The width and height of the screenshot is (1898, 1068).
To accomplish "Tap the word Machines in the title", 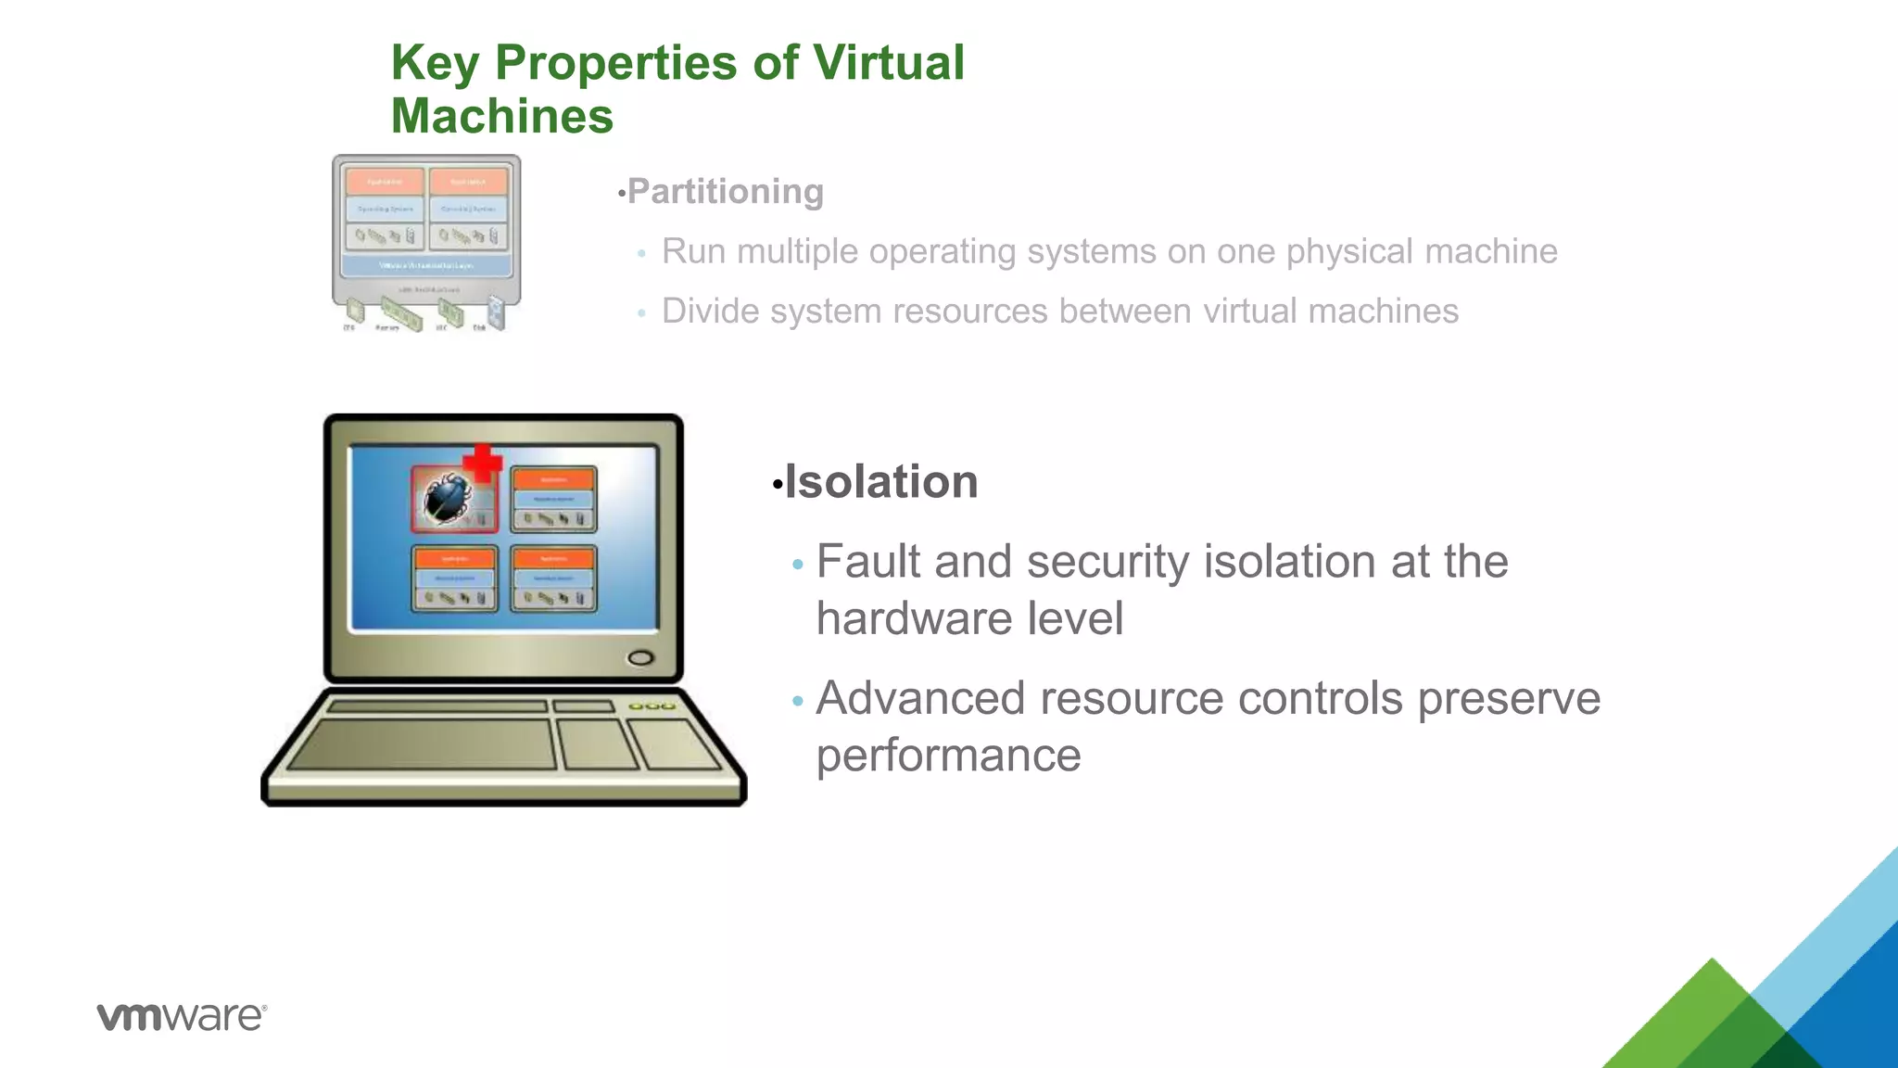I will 501,117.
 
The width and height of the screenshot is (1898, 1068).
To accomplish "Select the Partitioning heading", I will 725,192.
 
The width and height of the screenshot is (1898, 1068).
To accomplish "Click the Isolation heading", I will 880,482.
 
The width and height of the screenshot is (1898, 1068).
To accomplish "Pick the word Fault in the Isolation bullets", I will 867,562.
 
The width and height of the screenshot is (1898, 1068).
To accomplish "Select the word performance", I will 948,755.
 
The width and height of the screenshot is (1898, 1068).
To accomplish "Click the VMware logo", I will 182,1016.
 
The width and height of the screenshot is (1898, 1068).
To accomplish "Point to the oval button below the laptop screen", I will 640,658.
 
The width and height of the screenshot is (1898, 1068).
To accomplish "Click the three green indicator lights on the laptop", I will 652,706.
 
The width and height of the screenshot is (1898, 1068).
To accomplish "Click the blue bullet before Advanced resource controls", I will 798,701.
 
